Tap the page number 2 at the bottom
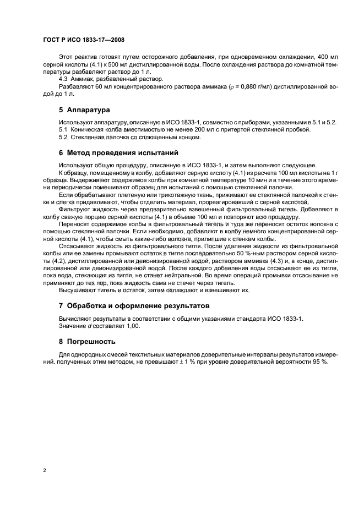pos(44,470)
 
